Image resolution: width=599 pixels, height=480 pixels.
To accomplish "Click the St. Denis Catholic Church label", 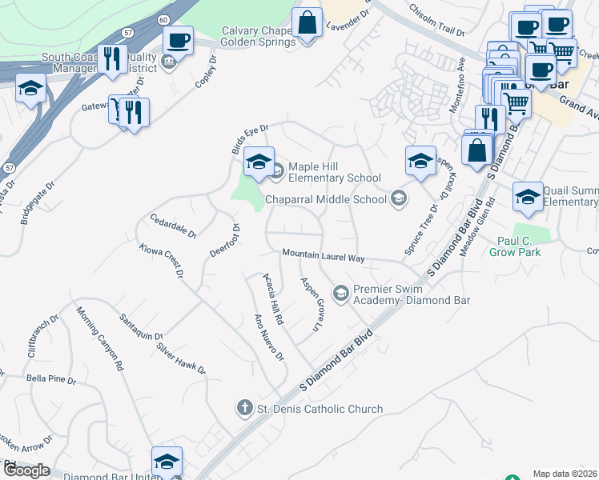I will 320,409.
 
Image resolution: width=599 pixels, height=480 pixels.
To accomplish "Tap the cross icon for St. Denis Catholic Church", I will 245,409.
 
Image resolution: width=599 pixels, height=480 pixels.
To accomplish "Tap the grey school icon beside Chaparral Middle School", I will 398,198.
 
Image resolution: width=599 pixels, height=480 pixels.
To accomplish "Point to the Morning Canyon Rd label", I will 99,338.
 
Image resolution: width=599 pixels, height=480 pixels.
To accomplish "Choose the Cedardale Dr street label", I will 173,226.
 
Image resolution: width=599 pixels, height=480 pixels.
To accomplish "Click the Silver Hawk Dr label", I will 182,359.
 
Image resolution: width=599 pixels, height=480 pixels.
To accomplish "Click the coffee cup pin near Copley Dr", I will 178,39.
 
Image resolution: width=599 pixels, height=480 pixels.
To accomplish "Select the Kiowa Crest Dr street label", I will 161,261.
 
